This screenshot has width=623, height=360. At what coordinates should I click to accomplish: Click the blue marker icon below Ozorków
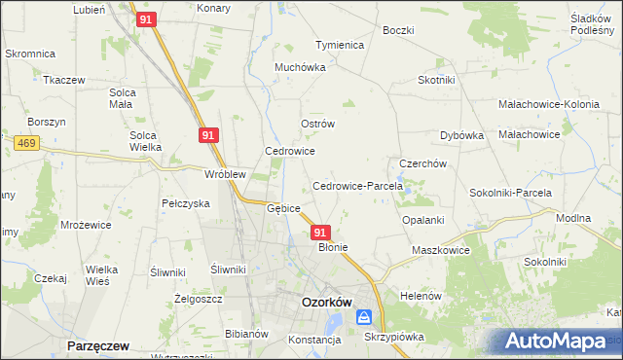364,317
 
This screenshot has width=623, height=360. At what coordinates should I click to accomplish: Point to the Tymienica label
339,46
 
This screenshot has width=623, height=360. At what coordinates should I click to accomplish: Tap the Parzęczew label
99,345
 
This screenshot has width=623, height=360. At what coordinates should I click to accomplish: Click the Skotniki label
438,81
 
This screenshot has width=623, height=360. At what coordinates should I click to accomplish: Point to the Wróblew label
224,174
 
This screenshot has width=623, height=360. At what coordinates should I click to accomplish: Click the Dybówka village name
461,136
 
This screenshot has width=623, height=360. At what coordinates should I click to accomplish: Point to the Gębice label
283,208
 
